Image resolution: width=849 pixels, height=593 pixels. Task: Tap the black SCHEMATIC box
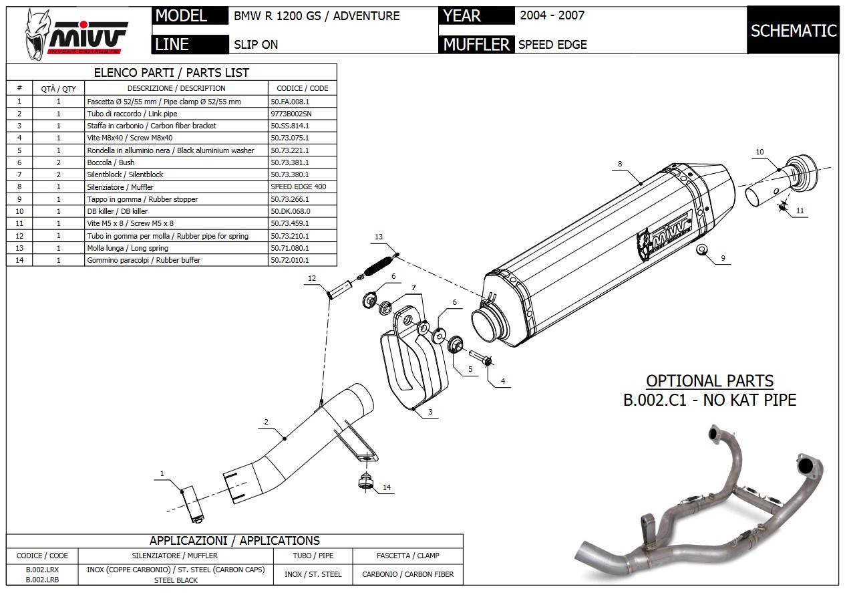pos(793,31)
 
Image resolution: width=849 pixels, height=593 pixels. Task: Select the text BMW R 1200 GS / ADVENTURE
pos(317,16)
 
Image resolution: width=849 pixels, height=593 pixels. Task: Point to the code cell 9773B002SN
pos(291,114)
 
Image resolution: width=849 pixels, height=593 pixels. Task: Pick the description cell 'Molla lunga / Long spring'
pos(128,248)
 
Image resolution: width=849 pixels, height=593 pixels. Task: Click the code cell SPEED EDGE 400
pos(299,187)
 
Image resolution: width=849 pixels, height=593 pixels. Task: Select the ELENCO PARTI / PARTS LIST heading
pos(172,73)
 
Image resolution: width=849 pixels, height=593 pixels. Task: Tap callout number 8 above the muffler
pos(620,164)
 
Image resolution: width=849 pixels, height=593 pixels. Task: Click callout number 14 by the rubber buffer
pos(387,488)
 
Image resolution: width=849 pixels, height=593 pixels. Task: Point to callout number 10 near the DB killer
pos(759,152)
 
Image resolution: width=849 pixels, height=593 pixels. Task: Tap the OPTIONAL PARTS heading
pos(709,382)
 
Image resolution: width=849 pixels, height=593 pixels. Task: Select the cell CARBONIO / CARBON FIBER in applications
pos(407,574)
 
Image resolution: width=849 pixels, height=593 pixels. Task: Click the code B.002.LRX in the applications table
pos(42,570)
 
